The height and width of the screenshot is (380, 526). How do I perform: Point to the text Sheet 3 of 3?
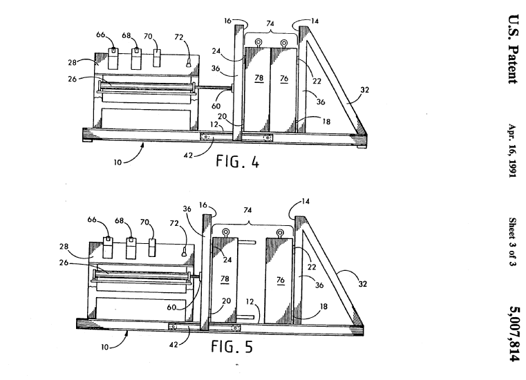point(512,244)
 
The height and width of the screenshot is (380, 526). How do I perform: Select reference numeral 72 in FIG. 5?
point(173,225)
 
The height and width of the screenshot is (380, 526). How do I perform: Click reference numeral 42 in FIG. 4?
point(188,155)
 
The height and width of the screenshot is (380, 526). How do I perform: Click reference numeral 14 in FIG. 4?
point(314,21)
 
